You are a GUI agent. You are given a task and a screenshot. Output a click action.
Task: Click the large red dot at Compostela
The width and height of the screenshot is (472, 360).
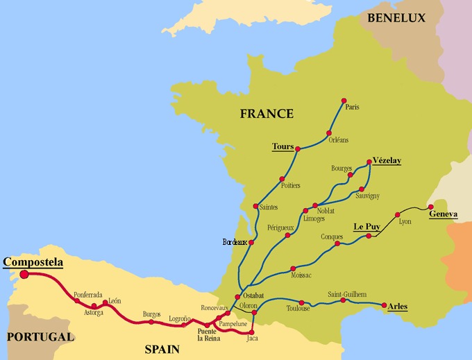25,274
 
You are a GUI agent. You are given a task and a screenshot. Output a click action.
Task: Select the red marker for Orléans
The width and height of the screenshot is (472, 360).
329,132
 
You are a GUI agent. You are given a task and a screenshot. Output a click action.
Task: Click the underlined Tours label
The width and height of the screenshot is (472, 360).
283,146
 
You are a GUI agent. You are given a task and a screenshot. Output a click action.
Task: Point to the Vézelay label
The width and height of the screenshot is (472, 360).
387,160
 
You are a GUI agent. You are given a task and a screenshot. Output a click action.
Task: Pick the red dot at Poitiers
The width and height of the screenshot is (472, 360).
282,178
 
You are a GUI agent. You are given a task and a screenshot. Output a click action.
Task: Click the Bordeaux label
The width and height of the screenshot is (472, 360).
235,242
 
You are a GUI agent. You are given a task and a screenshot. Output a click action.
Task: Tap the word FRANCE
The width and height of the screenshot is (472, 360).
267,114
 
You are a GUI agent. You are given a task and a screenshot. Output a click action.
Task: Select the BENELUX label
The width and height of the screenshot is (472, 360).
396,18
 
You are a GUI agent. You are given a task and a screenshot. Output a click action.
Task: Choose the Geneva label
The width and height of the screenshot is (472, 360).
444,214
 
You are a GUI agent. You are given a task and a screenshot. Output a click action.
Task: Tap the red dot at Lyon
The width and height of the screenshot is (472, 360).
398,214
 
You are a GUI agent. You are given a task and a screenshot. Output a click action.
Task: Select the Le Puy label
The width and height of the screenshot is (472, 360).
368,227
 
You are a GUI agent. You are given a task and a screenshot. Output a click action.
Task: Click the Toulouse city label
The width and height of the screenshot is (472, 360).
298,309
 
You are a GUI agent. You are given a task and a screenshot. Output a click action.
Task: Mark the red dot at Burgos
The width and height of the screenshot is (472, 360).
151,322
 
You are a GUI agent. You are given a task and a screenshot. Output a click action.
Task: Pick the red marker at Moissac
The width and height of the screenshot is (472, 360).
294,266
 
